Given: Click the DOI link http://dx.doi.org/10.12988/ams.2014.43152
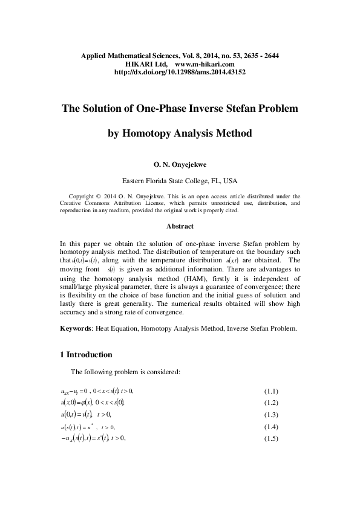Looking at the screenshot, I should point(180,72).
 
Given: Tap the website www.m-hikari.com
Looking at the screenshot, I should point(204,63).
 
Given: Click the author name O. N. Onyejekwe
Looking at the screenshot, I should point(180,163).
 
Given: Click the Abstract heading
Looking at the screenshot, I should point(180,226).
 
